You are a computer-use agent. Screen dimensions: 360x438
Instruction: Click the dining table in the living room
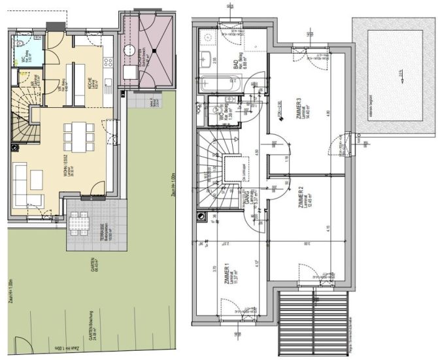pyautogui.click(x=76, y=136)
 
